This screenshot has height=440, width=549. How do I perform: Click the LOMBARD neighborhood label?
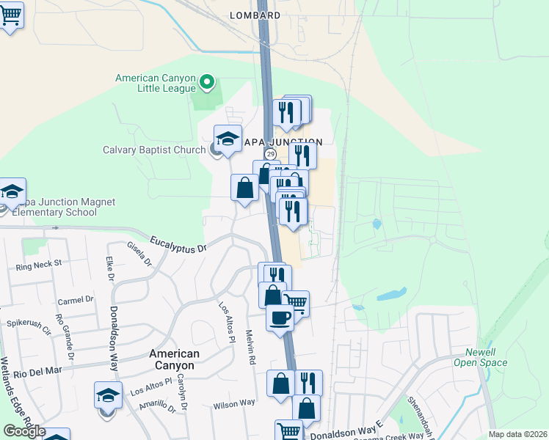255,15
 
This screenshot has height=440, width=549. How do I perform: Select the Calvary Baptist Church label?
153,150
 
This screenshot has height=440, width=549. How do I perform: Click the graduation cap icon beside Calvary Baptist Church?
228,137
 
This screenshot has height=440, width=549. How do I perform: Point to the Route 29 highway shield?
270,154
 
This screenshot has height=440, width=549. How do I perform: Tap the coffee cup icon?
279,317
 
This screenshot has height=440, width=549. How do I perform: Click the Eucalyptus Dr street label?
178,244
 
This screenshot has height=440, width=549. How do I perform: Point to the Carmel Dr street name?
76,299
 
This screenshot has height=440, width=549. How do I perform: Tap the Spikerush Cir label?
27,322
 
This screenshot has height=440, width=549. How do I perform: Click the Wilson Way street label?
234,403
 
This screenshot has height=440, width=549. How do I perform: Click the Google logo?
24,431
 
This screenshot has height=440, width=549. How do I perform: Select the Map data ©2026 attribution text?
517,434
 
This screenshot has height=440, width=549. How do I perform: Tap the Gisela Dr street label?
138,254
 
